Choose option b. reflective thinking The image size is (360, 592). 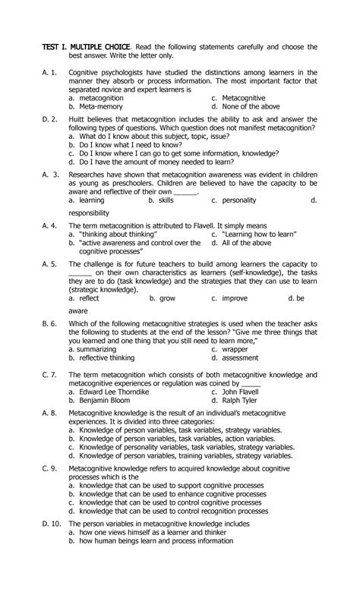pos(101,358)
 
